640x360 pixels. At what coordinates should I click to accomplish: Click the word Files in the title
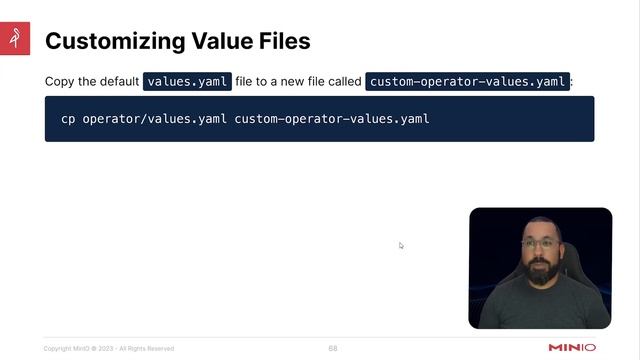(282, 41)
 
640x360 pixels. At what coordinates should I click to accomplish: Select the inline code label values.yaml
(188, 82)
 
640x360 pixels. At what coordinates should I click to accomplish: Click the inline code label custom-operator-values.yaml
(468, 82)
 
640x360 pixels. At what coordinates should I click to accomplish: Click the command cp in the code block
(68, 119)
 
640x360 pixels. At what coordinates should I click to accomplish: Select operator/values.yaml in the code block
(155, 119)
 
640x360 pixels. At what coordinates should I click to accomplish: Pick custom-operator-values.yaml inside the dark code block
(332, 119)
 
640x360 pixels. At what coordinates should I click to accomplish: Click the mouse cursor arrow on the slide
(401, 245)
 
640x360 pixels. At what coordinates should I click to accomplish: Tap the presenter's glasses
(539, 243)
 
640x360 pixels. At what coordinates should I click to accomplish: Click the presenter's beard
(540, 265)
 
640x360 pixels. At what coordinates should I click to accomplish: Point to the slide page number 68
(333, 348)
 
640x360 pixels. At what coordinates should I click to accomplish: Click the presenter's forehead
(539, 229)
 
